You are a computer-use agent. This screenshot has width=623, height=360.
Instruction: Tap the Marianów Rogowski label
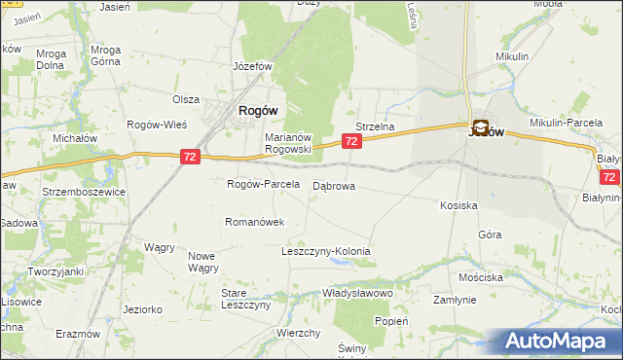tap(288, 143)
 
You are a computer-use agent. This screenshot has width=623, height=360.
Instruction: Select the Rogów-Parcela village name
tap(262, 184)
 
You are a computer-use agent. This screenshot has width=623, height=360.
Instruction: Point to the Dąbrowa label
tap(334, 185)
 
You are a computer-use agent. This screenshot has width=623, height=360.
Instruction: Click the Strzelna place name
tap(374, 126)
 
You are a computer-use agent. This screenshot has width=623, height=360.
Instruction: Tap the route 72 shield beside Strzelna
tap(352, 142)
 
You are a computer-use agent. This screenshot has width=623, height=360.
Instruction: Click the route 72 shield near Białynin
tap(609, 177)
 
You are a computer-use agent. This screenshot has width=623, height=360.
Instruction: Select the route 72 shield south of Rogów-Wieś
tap(191, 156)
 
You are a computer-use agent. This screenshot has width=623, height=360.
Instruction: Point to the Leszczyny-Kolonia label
tap(326, 251)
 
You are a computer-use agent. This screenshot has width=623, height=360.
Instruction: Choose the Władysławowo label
tap(356, 293)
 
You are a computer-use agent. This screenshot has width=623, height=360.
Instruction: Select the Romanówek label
tap(255, 222)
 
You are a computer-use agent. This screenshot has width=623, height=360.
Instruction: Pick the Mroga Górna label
tap(104, 55)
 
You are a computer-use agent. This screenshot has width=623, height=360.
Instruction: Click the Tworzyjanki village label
tap(55, 271)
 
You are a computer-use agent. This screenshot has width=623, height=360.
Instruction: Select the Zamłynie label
tap(455, 301)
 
